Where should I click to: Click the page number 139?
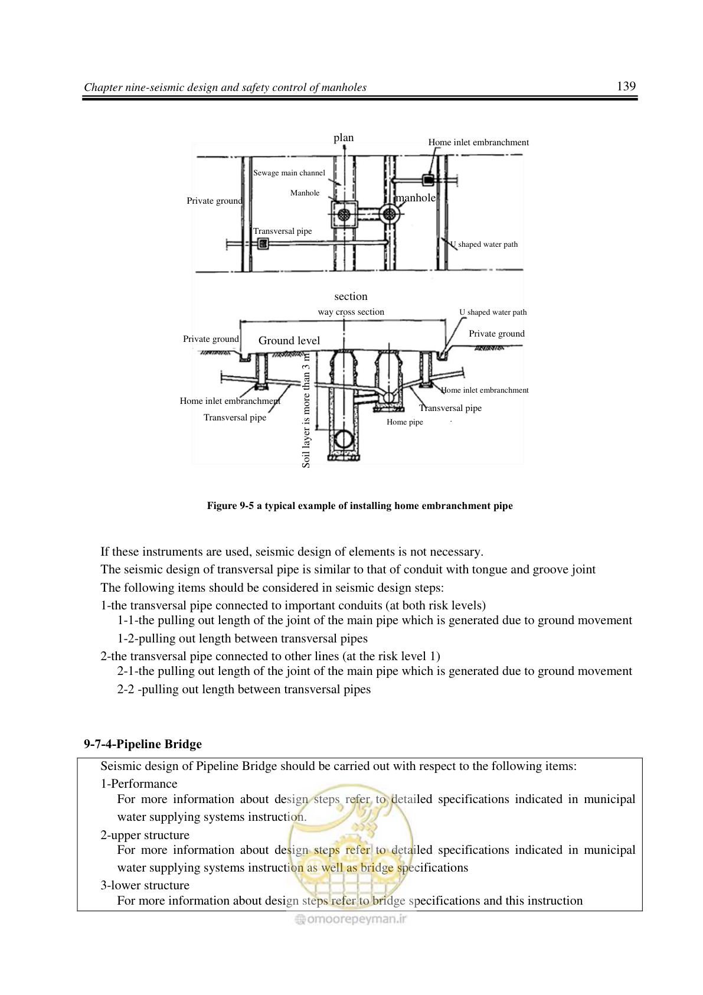[626, 86]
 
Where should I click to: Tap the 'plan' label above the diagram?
[344, 138]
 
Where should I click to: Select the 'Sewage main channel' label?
[289, 173]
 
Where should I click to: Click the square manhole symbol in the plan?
[344, 214]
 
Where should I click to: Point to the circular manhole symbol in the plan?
[390, 214]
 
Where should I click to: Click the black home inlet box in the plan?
[428, 180]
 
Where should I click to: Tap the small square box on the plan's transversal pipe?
[263, 243]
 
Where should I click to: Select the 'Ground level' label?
[289, 341]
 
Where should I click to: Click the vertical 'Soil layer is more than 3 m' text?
[306, 409]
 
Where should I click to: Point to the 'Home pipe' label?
[404, 422]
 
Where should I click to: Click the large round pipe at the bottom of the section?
[343, 439]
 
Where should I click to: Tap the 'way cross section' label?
[351, 312]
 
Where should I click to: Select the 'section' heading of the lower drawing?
[351, 296]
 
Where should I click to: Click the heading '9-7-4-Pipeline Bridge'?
[143, 744]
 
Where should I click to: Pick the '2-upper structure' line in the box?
[145, 834]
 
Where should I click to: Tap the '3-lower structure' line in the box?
[145, 885]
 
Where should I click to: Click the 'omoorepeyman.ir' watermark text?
[351, 919]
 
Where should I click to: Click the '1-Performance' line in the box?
[139, 784]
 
